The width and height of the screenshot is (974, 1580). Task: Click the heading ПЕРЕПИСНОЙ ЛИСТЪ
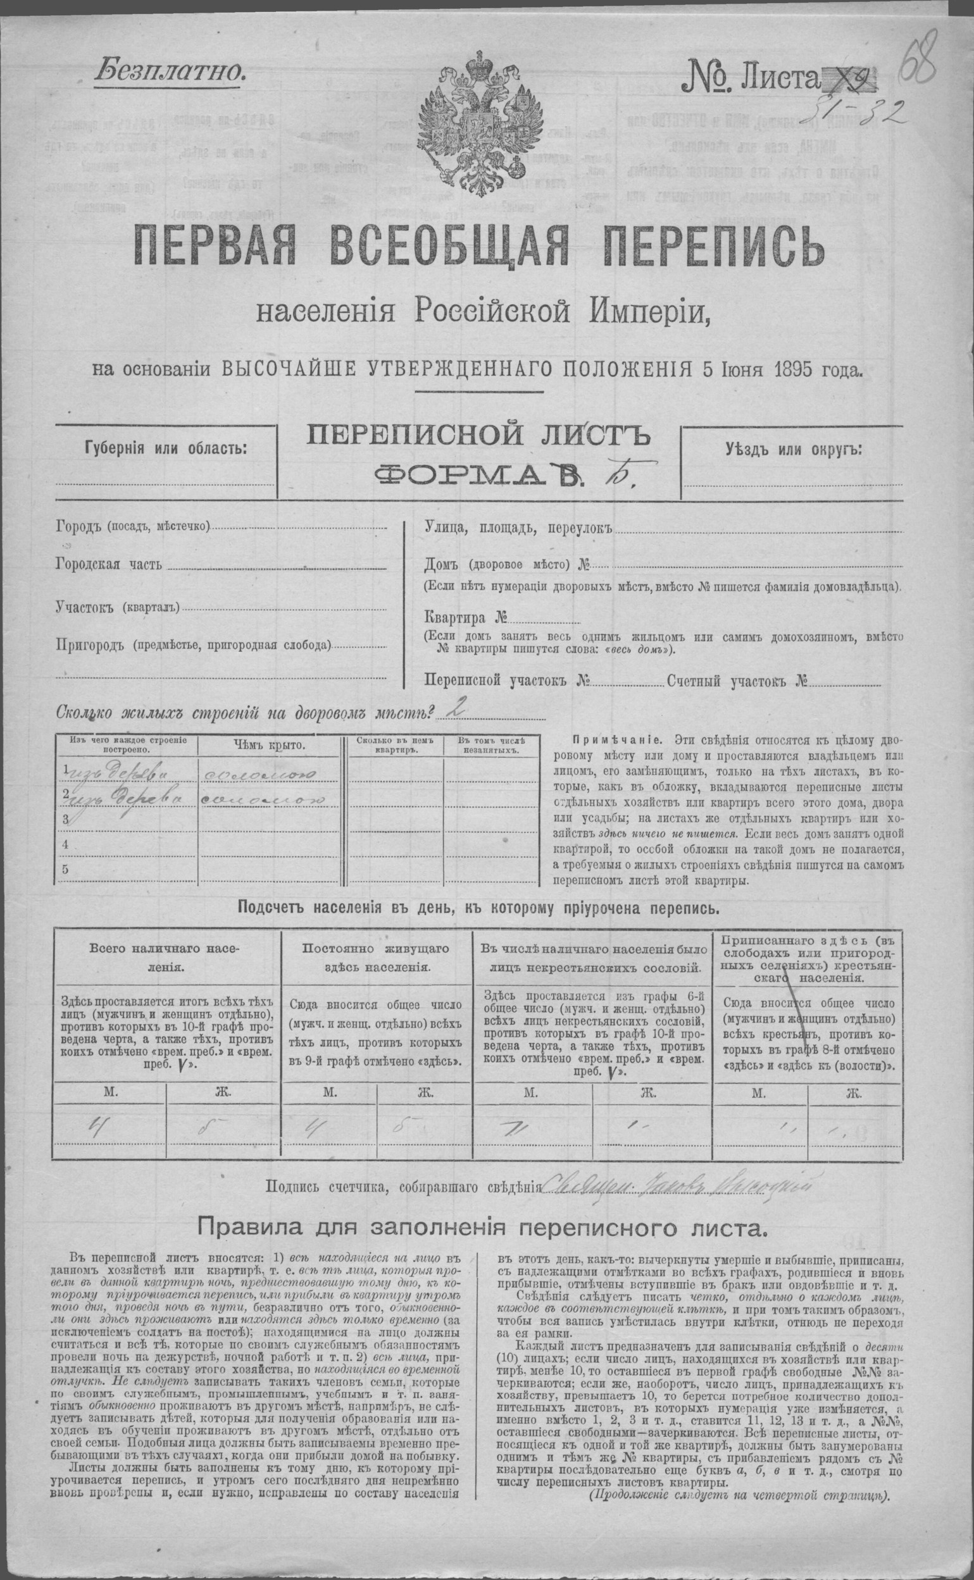tap(476, 437)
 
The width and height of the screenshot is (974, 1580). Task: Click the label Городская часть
tap(109, 565)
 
